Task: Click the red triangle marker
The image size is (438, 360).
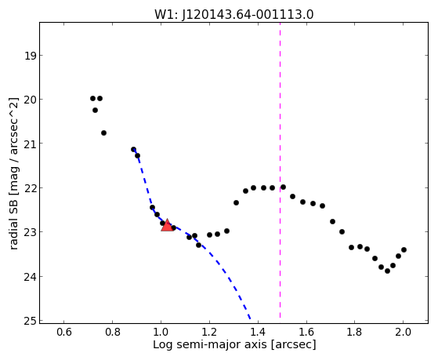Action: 167,225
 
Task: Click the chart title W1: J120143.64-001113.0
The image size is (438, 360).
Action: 233,15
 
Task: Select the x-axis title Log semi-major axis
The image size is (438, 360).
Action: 210,344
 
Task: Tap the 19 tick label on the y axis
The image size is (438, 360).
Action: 30,56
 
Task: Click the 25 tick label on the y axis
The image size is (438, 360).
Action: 30,321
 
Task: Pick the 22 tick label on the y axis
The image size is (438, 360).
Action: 30,188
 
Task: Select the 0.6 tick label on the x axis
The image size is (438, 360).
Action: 64,332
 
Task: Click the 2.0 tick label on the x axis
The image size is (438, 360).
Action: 403,332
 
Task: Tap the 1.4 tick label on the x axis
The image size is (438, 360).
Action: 258,332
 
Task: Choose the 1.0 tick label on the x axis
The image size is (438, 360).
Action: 161,332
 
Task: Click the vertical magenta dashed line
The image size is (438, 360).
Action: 280,171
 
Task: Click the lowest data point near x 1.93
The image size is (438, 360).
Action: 387,271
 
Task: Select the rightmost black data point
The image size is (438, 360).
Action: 404,249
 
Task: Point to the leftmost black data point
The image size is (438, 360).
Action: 92,98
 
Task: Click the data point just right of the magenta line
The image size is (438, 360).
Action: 283,187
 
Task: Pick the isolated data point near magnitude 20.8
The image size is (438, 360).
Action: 103,133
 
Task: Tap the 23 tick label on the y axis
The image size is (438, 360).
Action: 30,232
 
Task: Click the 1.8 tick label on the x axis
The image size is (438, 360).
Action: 354,332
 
